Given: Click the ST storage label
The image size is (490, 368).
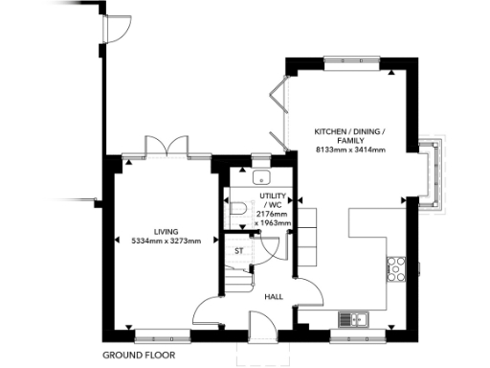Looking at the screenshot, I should pos(240,250).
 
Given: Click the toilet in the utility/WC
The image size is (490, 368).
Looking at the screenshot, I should pos(238,206).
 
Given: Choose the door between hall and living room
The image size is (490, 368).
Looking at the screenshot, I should pos(209,311).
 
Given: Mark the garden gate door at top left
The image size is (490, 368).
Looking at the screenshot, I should pos(116,29).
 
